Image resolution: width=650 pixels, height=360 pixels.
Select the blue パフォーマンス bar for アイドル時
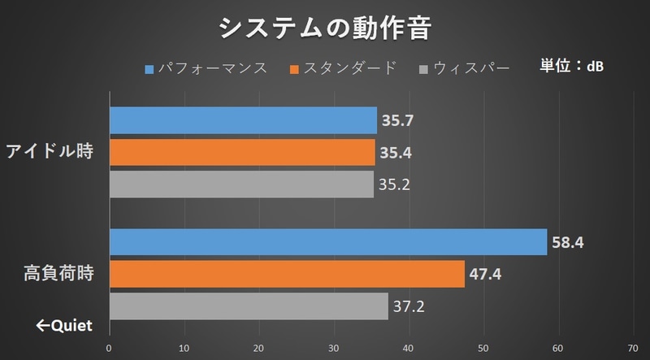(x=243, y=120)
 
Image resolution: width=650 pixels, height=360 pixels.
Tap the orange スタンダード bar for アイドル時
(x=241, y=152)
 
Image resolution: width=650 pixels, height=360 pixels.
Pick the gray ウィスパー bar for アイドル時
(x=240, y=184)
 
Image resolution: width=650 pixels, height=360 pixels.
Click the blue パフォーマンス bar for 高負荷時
(x=327, y=242)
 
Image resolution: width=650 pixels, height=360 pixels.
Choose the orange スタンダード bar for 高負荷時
(x=286, y=274)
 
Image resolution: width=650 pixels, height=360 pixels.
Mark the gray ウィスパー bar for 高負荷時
(x=248, y=306)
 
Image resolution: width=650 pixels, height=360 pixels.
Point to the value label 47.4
(x=484, y=275)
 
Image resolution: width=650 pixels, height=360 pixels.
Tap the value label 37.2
(x=408, y=306)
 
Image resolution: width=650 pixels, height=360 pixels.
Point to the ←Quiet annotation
(x=63, y=327)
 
